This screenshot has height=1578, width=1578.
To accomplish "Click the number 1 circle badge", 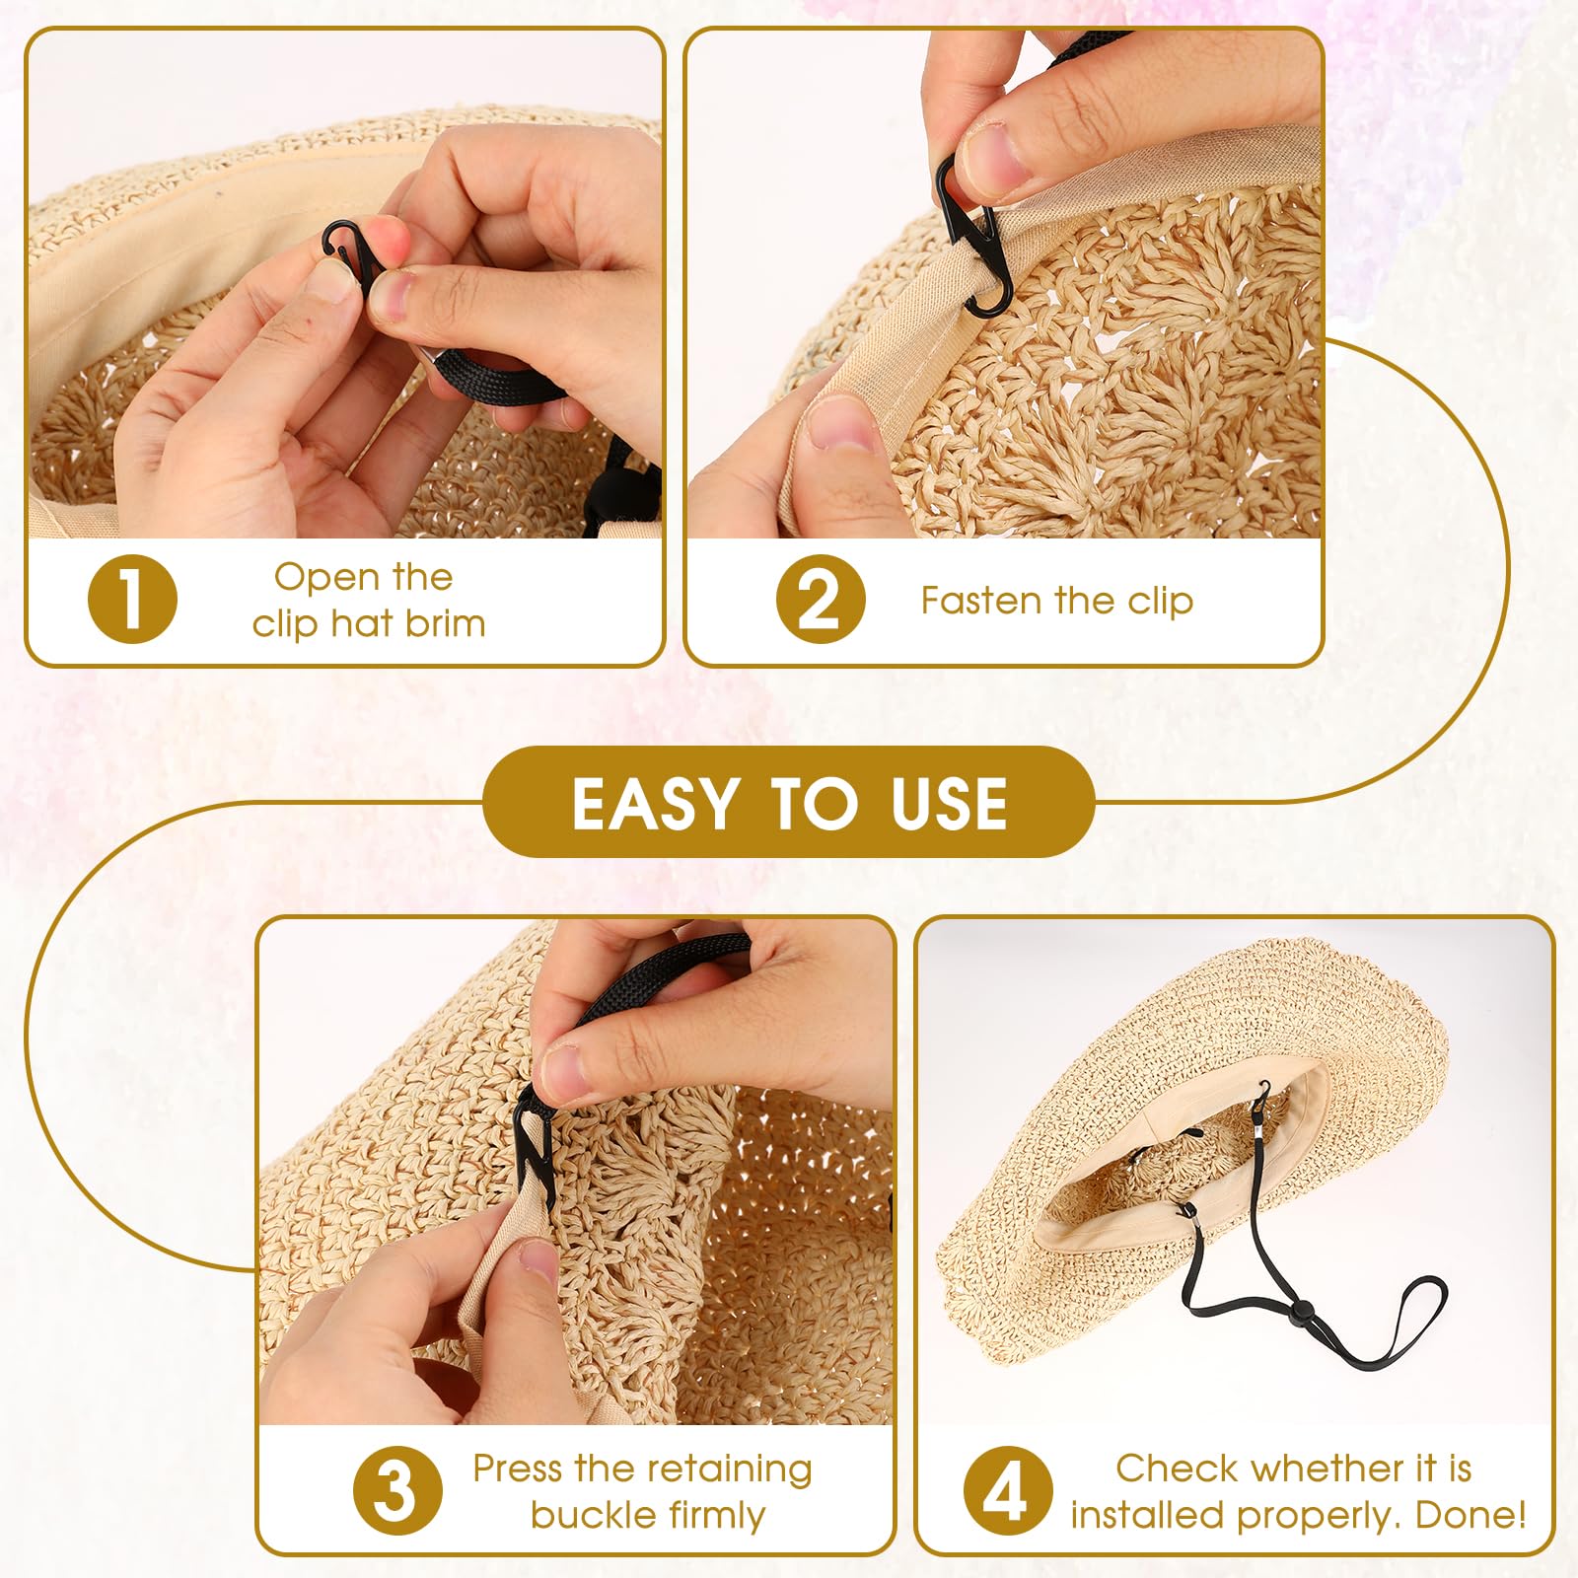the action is (132, 599).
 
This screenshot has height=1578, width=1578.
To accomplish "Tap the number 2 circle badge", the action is (821, 599).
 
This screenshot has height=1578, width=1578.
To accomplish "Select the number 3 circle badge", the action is (397, 1490).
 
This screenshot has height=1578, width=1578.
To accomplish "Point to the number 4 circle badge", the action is (1008, 1490).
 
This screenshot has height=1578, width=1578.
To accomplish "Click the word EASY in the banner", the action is (655, 803).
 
